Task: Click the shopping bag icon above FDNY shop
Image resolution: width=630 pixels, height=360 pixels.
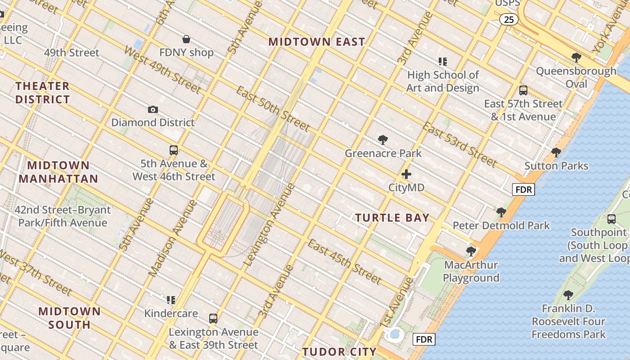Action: click(186, 40)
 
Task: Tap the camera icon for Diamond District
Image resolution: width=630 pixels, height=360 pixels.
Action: click(153, 109)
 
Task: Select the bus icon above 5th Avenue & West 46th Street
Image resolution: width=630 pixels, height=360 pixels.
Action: click(174, 150)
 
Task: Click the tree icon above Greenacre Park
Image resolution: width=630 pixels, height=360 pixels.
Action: click(383, 140)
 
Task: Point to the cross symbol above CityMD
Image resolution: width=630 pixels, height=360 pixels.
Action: click(406, 174)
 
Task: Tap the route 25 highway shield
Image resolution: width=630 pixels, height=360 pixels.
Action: click(508, 19)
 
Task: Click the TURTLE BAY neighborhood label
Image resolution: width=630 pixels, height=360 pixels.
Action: click(392, 218)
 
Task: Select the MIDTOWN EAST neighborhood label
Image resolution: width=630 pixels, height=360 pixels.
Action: click(317, 42)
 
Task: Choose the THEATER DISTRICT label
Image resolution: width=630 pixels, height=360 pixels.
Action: click(43, 93)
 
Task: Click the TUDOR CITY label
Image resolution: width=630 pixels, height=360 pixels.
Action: click(339, 351)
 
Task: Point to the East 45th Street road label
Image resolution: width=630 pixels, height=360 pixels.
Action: click(345, 261)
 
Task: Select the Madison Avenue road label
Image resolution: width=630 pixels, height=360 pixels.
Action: click(173, 238)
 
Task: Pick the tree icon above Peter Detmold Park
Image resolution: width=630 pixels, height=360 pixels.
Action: click(501, 212)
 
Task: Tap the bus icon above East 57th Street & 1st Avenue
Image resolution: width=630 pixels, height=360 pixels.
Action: click(523, 90)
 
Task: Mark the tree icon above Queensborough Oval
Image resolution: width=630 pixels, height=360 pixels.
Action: click(576, 58)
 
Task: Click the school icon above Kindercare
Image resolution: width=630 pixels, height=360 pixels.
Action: click(171, 300)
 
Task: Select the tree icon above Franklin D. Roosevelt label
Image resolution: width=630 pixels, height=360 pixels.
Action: click(568, 295)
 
